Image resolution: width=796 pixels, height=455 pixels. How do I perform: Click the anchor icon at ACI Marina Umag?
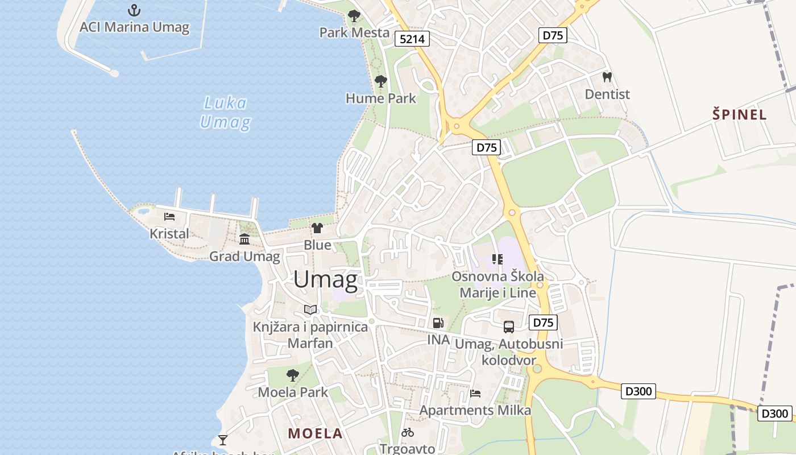click(x=134, y=10)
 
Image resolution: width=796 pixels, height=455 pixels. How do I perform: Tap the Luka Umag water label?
click(x=226, y=113)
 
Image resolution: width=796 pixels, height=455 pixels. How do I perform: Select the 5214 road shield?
click(x=412, y=39)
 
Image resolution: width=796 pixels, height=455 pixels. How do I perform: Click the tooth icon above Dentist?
click(x=607, y=77)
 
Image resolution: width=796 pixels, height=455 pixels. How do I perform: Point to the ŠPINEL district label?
click(x=740, y=114)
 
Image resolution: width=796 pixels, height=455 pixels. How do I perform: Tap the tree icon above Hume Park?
click(x=380, y=81)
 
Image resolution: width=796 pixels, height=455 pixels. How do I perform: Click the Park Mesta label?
click(x=354, y=32)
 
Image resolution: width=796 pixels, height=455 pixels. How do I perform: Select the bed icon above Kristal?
click(x=169, y=217)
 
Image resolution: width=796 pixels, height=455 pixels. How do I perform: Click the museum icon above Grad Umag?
click(x=244, y=239)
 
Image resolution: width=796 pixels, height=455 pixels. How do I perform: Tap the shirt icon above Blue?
click(x=317, y=228)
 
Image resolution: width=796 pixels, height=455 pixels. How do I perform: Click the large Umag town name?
click(x=326, y=280)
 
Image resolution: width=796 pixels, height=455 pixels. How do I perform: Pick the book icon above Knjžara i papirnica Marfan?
click(x=310, y=310)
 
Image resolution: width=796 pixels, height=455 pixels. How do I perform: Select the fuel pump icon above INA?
click(x=438, y=323)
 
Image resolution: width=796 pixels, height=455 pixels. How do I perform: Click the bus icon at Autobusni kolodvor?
click(x=508, y=327)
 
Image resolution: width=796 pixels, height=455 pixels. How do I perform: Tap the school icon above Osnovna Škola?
click(x=498, y=259)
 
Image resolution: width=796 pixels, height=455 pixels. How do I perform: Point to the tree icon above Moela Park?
click(x=293, y=375)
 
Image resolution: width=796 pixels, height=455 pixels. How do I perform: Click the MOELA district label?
click(x=315, y=433)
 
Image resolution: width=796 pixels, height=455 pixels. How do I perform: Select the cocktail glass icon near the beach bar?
click(x=222, y=440)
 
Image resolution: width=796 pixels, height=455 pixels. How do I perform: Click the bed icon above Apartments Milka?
click(x=475, y=393)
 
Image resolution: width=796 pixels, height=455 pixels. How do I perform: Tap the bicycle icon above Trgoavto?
click(x=408, y=432)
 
